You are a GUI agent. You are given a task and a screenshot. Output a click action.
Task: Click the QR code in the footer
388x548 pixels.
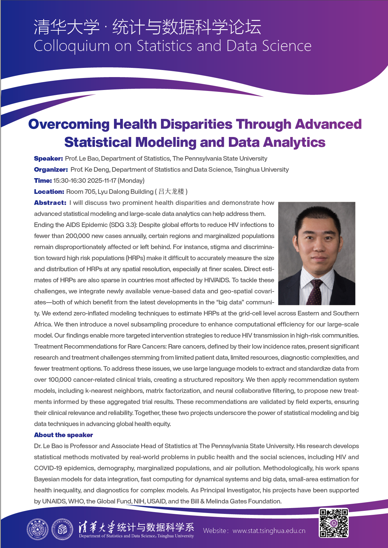pos(334,523)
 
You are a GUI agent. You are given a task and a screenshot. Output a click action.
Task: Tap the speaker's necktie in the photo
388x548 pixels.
pos(315,292)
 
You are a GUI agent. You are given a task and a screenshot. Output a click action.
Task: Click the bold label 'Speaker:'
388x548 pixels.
pos(48,159)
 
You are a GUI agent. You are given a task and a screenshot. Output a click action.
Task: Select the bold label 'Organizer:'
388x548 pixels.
pos(51,170)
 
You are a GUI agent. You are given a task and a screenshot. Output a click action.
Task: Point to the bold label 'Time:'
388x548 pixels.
pos(43,181)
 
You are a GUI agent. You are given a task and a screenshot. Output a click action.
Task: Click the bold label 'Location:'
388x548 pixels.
pos(49,192)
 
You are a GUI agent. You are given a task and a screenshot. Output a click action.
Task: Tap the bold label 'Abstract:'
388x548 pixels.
pos(50,203)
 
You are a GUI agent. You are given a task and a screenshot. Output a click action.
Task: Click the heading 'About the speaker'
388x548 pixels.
pos(63,435)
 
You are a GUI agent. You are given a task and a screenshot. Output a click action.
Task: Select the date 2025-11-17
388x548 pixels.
pos(101,181)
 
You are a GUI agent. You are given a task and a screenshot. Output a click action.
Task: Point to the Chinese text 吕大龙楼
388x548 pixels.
pos(171,192)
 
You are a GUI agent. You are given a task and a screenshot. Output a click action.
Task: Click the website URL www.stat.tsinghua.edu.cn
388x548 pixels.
pos(269,531)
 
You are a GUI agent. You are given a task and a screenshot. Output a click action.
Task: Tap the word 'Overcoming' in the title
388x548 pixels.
pos(69,124)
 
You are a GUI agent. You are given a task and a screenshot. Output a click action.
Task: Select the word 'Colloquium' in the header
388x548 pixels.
pos(72,46)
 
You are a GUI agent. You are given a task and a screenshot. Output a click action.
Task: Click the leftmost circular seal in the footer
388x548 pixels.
pos(37,529)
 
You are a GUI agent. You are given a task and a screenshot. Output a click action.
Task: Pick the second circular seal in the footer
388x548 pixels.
pos(62,529)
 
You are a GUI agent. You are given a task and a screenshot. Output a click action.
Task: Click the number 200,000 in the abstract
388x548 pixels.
pos(78,236)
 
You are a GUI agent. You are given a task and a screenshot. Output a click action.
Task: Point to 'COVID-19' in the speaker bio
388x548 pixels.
pos(48,468)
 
